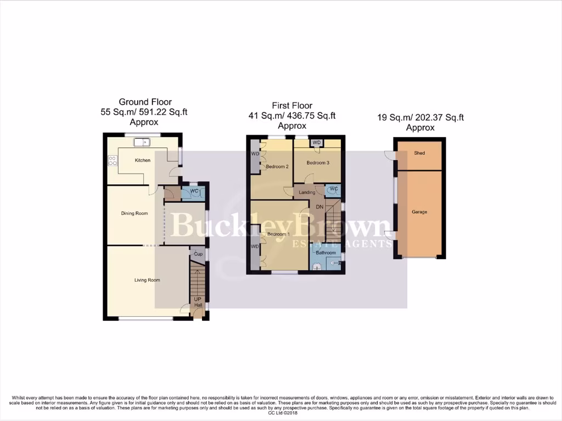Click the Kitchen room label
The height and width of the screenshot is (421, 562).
143,160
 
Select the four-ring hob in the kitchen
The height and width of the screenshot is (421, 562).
113,161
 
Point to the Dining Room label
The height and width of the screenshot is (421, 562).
134,213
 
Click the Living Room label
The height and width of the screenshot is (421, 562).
147,280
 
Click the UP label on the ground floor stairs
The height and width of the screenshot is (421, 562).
196,300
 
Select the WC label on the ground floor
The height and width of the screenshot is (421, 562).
194,191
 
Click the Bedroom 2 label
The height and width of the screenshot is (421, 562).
277,167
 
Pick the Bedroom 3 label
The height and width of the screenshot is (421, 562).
318,163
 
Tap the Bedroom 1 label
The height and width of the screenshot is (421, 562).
278,234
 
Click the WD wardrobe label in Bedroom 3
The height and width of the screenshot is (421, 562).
317,143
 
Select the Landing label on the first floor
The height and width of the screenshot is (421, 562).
307,192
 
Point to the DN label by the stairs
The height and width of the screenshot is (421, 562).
320,207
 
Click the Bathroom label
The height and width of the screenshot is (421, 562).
325,253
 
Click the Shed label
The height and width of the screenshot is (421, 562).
419,153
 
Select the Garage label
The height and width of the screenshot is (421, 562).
419,212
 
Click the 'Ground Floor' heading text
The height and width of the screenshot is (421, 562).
145,102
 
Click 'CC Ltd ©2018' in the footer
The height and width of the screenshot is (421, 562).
281,413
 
